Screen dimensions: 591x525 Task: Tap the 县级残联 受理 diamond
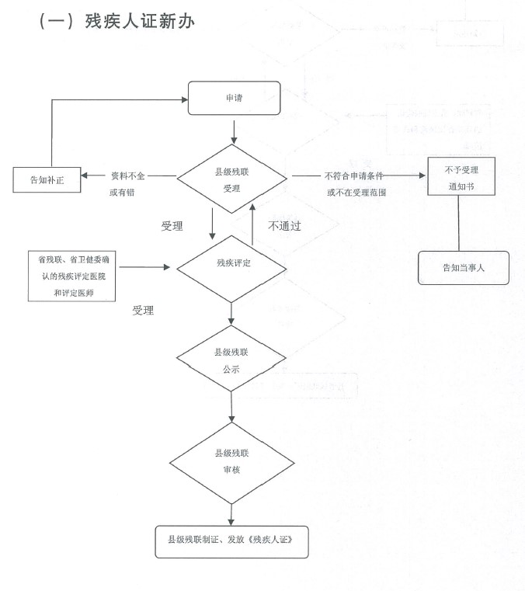click(x=232, y=178)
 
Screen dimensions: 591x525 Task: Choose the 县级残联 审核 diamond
click(x=232, y=461)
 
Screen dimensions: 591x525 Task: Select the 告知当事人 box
click(x=464, y=268)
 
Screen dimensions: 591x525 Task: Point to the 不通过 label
click(x=284, y=226)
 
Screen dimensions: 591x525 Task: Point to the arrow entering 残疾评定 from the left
click(x=146, y=267)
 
